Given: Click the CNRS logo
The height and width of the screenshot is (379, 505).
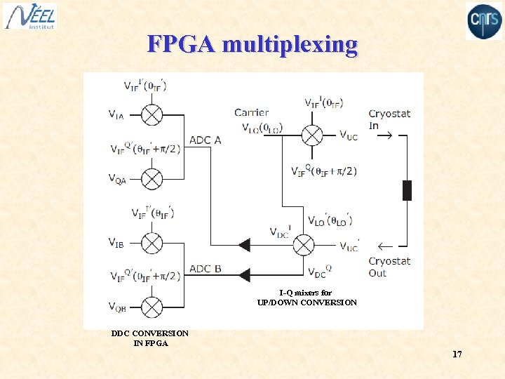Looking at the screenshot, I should tap(484, 21).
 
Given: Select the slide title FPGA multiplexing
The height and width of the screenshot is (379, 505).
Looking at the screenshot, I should tap(252, 45).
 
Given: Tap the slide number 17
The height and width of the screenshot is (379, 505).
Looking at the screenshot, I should tap(457, 354).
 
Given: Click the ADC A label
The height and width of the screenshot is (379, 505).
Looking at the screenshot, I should tap(206, 140).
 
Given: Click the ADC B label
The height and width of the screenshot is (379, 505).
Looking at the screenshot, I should tap(206, 269).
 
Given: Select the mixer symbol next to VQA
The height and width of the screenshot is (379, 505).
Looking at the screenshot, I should tap(152, 179).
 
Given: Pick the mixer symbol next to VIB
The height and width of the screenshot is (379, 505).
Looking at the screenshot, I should tap(152, 243).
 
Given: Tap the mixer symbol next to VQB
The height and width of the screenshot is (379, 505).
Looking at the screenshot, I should tap(152, 307).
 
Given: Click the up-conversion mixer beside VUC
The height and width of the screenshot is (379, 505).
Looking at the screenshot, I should tap(311, 135).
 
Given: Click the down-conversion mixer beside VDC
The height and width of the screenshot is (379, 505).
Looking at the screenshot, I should tap(304, 245).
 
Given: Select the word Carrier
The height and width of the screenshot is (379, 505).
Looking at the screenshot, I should tap(252, 112).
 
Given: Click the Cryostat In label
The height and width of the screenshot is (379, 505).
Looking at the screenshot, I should tap(389, 119).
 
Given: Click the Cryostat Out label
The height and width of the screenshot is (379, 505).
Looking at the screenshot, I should tap(389, 267).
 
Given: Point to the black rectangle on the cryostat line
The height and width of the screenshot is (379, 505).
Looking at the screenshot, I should tap(407, 190).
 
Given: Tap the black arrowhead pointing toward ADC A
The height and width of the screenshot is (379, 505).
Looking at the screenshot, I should tap(243, 245).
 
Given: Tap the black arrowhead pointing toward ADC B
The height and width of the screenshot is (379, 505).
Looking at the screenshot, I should tap(243, 274).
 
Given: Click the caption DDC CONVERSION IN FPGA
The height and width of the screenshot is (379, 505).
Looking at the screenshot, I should tap(149, 338).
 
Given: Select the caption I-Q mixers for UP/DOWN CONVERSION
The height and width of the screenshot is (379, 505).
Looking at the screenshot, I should tap(307, 298).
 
